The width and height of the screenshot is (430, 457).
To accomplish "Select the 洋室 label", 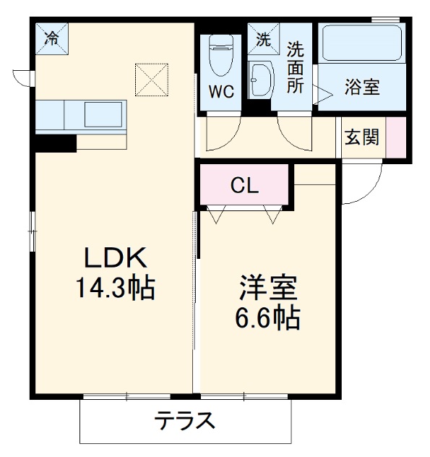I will point(269,286).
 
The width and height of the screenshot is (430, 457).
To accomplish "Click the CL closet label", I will point(244,186).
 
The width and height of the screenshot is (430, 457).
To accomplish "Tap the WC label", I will point(220,92).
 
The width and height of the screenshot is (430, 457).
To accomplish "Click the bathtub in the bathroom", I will point(361,43).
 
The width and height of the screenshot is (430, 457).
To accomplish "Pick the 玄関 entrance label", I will point(361,137).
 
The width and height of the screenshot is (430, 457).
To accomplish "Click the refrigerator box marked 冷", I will point(52,39).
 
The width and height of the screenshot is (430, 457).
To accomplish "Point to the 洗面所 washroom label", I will point(295,67).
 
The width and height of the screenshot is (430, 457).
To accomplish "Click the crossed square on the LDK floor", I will point(151,79).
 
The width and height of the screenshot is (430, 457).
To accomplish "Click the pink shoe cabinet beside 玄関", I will point(395,137).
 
